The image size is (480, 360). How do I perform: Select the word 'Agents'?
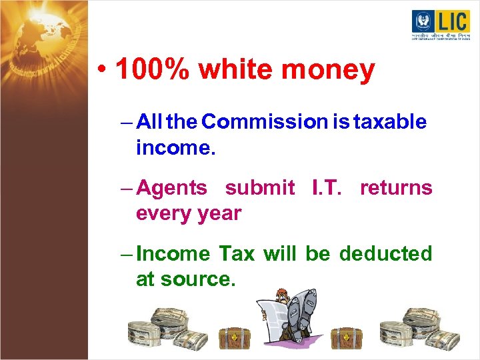[x=171, y=189]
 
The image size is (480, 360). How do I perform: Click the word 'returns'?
[x=396, y=188]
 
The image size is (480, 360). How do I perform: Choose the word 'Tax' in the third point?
[x=236, y=254]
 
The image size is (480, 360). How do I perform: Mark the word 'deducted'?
[x=385, y=254]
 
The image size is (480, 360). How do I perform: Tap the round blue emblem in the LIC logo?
[x=423, y=21]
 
